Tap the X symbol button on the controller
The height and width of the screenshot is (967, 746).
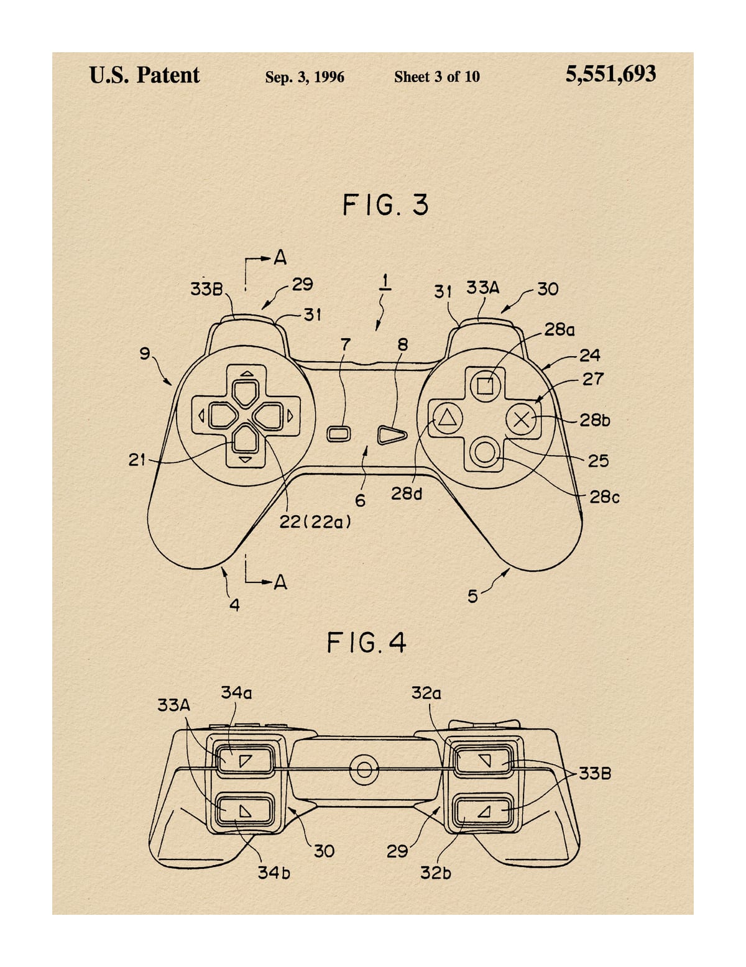tap(521, 419)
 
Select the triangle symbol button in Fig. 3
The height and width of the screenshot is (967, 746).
tap(448, 419)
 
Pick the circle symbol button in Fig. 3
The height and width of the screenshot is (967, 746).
tap(485, 452)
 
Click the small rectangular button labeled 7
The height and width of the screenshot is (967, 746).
tap(338, 434)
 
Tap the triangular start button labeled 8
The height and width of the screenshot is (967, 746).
tap(392, 435)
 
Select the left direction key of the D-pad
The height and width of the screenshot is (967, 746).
tap(222, 416)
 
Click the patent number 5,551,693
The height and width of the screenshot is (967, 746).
tap(610, 75)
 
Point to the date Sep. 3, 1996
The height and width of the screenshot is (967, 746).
tap(305, 77)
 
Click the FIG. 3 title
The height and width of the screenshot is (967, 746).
tap(385, 205)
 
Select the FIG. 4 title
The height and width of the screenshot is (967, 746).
tap(366, 643)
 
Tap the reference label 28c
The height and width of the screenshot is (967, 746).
tap(604, 497)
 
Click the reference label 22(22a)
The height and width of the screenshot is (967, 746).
tap(315, 522)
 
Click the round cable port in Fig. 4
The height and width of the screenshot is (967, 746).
tap(364, 769)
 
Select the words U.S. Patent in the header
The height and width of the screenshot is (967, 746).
tap(144, 75)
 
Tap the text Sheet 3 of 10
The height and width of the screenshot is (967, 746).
tap(437, 77)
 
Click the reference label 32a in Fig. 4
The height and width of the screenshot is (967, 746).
tap(426, 693)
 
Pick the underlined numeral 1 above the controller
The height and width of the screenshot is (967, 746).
tap(385, 282)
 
